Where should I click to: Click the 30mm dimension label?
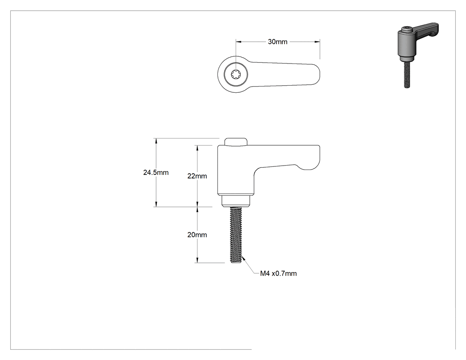pyautogui.click(x=277, y=42)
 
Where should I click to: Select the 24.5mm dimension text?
pyautogui.click(x=156, y=172)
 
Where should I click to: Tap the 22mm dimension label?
pyautogui.click(x=197, y=176)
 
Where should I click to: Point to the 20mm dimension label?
pyautogui.click(x=197, y=235)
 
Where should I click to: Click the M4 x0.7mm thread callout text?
pyautogui.click(x=278, y=273)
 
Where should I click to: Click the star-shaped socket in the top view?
pyautogui.click(x=236, y=74)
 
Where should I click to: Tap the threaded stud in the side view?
pyautogui.click(x=236, y=235)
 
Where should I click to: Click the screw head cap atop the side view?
pyautogui.click(x=236, y=142)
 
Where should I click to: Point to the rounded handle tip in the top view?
pyautogui.click(x=316, y=74)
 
